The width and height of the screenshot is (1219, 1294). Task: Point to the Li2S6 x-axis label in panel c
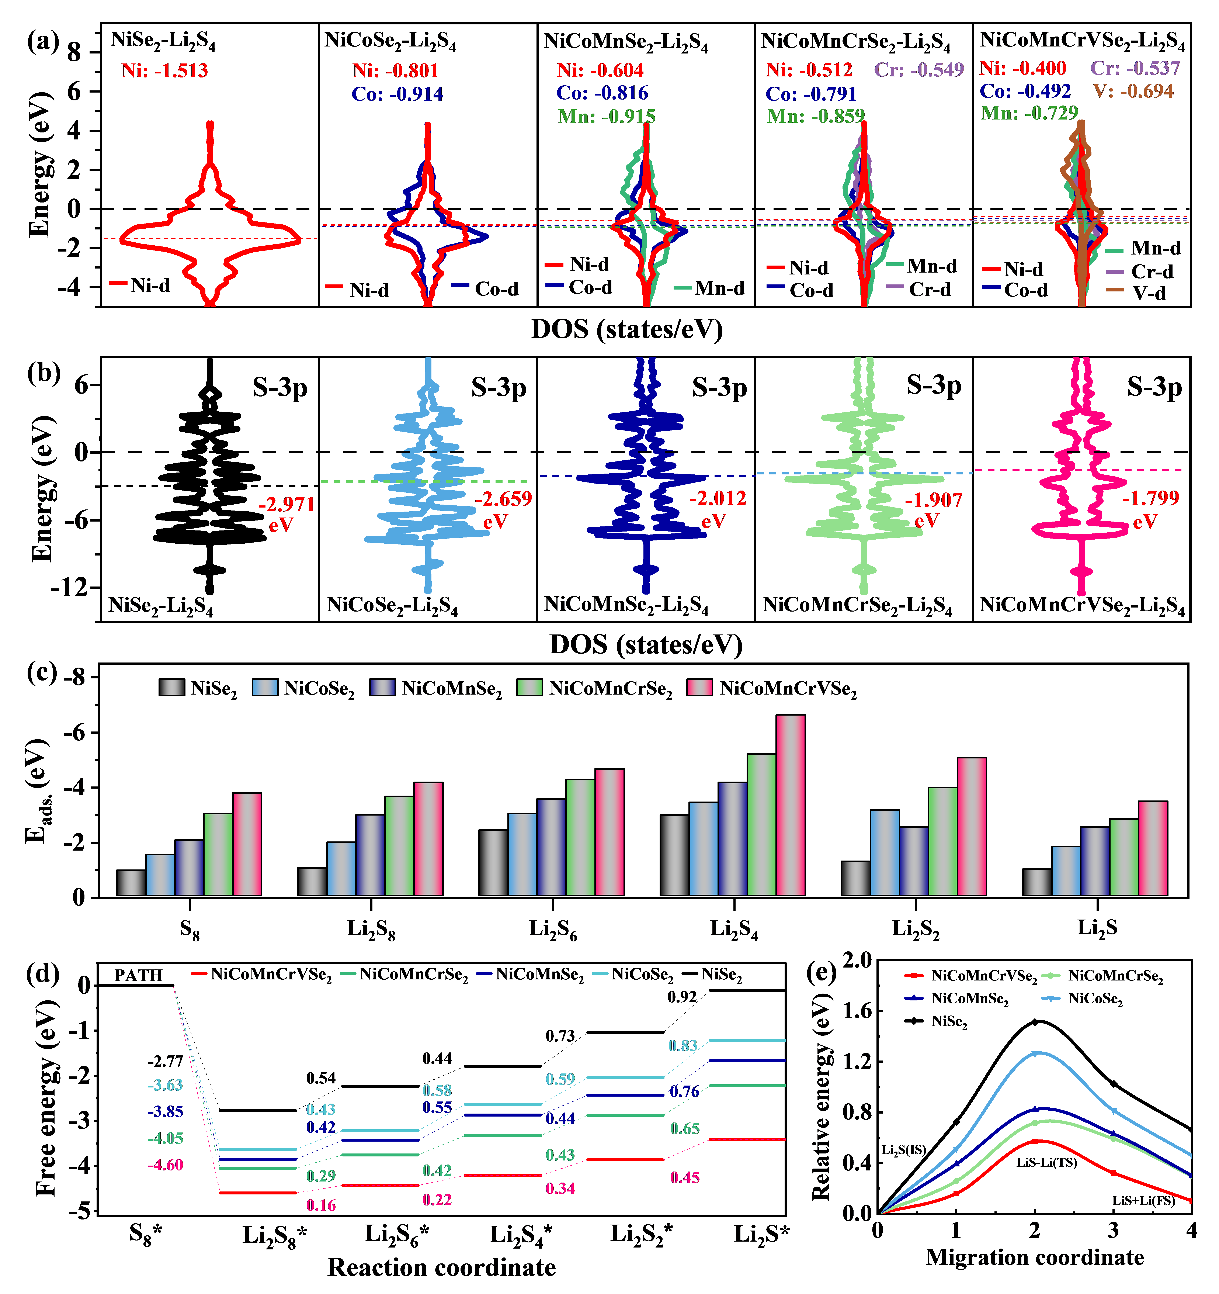(x=553, y=929)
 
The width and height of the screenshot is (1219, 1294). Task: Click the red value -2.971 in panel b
(x=286, y=504)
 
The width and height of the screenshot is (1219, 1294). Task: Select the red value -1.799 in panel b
(x=1150, y=499)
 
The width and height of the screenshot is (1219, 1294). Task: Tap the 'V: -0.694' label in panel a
(x=1133, y=91)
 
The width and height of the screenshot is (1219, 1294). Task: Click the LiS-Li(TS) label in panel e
(x=1046, y=1163)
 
